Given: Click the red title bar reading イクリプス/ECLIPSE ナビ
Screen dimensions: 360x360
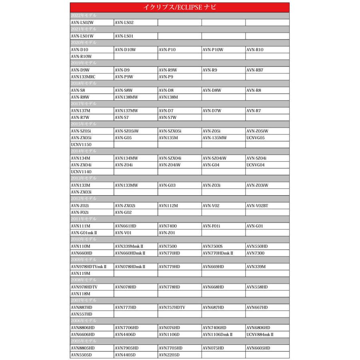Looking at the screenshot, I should click(x=180, y=7).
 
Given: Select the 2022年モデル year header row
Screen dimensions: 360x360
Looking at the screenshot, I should click(x=180, y=16).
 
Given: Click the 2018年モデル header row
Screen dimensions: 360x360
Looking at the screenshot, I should click(x=180, y=84).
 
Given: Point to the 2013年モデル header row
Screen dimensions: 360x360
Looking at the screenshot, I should click(x=180, y=178).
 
